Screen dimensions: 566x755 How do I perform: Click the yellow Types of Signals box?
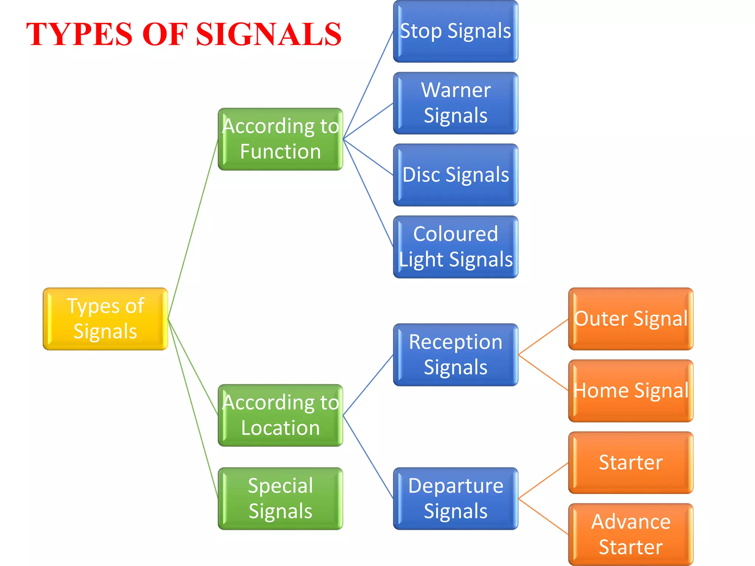[105, 319]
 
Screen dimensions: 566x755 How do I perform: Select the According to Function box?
[280, 139]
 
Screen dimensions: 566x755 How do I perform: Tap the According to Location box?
[280, 415]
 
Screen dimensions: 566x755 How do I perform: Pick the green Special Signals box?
[280, 499]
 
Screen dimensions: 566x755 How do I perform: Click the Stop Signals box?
[456, 31]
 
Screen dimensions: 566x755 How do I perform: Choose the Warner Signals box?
[456, 103]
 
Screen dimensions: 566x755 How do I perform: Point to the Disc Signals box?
[456, 175]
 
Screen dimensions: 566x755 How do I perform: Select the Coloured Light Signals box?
[456, 247]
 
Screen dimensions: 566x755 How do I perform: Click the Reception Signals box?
[456, 354]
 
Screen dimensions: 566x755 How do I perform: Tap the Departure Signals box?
[456, 499]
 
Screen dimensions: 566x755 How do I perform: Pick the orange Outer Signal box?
[631, 319]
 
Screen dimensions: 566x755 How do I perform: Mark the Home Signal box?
[631, 391]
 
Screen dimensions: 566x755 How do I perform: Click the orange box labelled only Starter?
[631, 462]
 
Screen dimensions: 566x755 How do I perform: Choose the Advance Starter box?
[631, 534]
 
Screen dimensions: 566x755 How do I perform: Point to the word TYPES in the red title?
[79, 34]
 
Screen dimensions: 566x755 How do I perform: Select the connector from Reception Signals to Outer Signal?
[543, 337]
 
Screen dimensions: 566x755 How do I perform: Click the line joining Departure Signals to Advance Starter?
[543, 516]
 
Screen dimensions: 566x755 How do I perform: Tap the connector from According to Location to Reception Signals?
[368, 385]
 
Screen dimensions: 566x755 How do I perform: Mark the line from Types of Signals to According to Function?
[193, 229]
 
